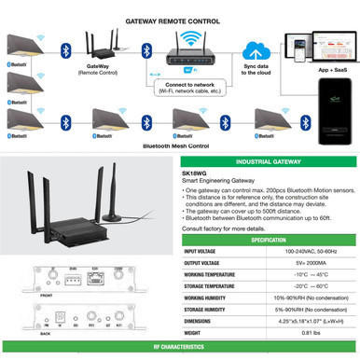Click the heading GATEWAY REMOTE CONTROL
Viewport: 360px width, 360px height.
(x=178, y=18)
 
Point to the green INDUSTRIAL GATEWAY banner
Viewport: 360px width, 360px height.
(x=270, y=160)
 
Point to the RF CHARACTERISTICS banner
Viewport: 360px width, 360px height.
(x=180, y=352)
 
